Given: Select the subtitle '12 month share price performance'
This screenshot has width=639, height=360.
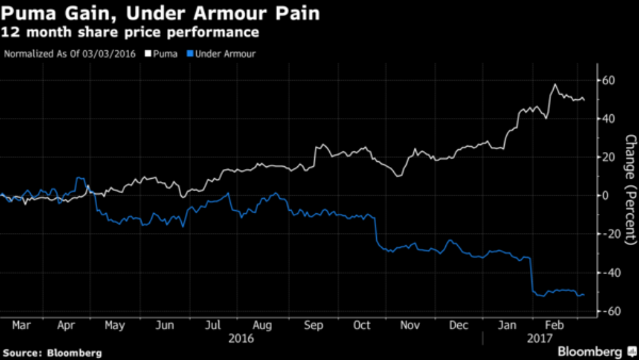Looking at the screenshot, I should (130, 32).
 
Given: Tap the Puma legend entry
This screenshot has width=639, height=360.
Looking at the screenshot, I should (164, 53).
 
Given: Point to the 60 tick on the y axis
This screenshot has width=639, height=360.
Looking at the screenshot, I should (608, 80).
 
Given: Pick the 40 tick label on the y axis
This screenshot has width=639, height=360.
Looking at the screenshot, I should (608, 119).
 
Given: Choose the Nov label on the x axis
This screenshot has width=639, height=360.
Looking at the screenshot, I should (409, 324).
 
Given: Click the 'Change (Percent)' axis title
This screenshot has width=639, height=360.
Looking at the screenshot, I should (630, 189).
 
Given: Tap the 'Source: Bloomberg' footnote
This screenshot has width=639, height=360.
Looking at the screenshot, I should (52, 352).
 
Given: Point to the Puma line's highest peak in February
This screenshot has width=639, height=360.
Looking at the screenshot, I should (555, 85).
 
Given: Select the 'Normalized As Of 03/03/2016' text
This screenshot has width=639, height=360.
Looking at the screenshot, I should (70, 53).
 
